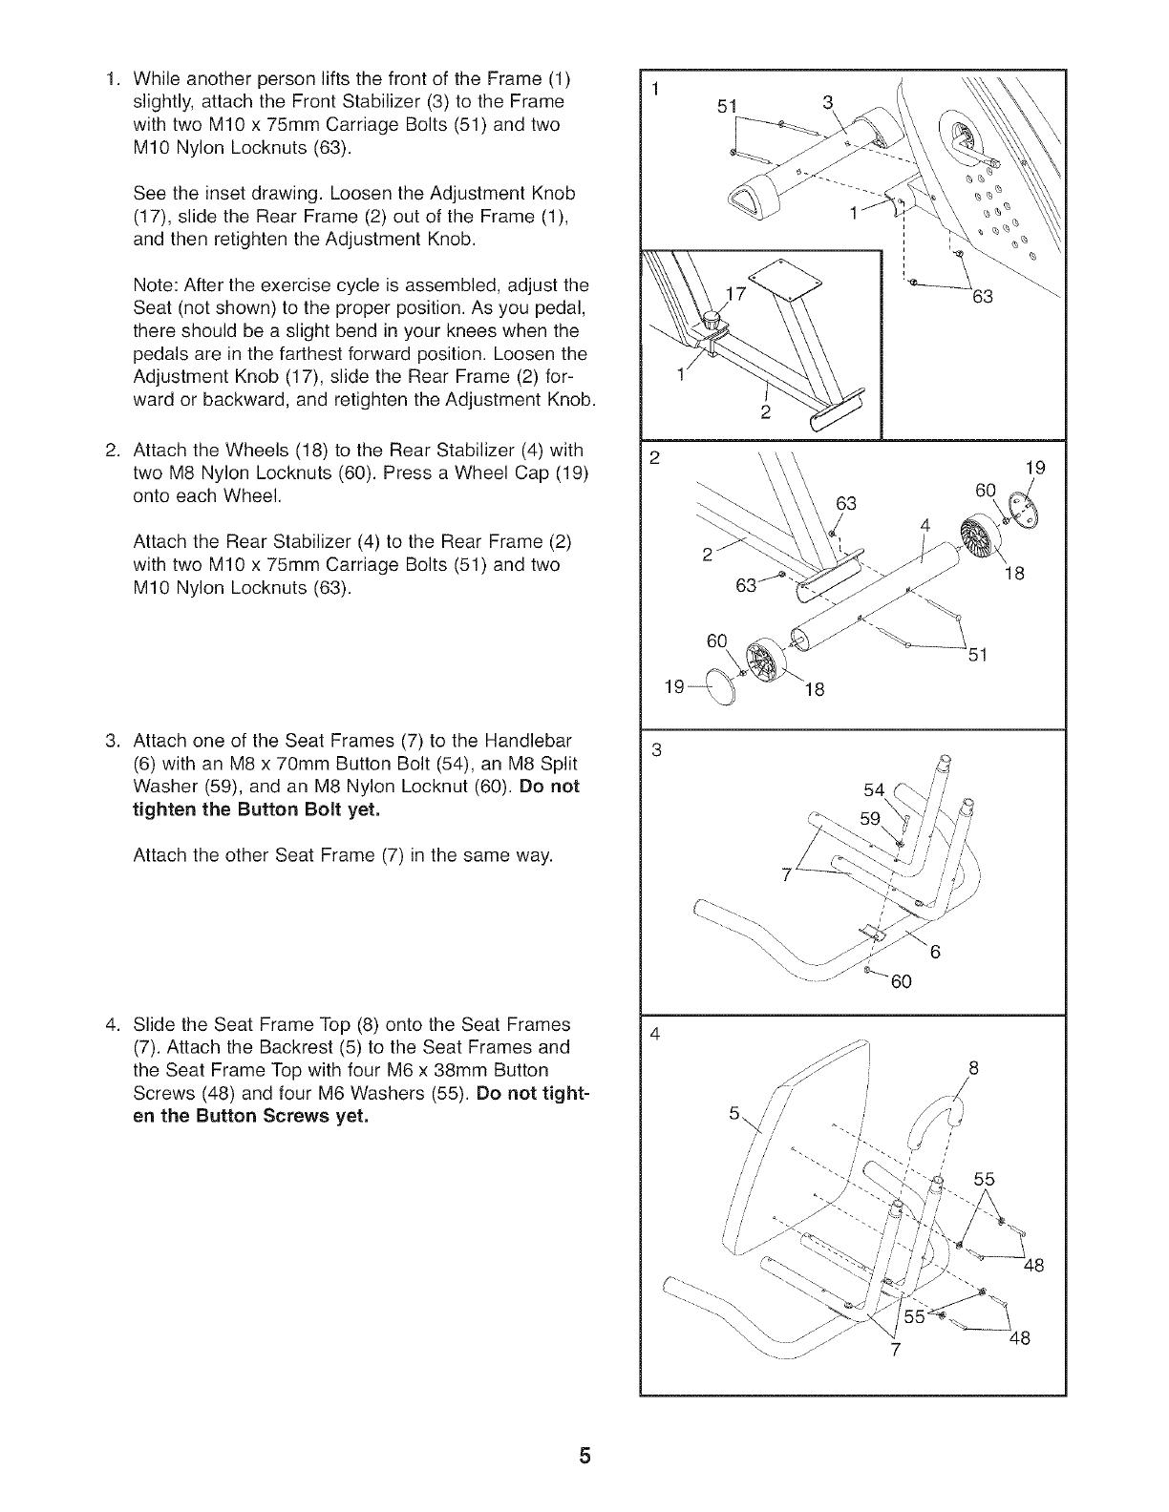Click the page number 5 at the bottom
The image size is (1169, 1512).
584,1457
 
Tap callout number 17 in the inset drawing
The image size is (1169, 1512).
735,295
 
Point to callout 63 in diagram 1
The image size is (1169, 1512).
983,297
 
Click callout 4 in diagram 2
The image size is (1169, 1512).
925,525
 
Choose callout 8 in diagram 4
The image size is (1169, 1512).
974,1069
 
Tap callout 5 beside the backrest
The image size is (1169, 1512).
733,1114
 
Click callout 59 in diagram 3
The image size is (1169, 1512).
870,818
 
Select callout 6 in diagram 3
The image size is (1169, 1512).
936,951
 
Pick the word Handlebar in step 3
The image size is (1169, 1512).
517,741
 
